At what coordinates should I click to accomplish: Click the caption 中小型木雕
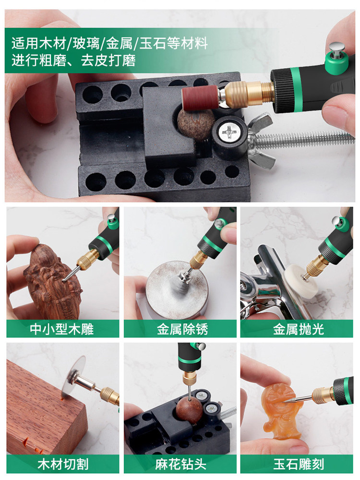click(x=62, y=329)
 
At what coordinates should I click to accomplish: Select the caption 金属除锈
click(x=182, y=329)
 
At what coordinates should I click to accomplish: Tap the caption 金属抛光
click(x=299, y=329)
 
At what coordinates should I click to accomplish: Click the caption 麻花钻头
click(x=180, y=464)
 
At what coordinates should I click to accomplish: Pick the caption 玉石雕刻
click(x=299, y=464)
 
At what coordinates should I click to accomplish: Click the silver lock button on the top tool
click(x=337, y=49)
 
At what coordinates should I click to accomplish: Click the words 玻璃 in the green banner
click(x=86, y=43)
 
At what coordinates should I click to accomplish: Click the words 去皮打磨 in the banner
click(x=108, y=60)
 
